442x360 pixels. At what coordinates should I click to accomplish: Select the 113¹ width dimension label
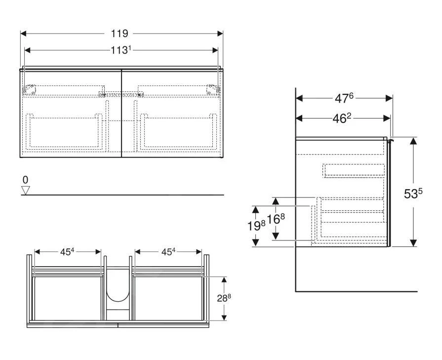[121, 50]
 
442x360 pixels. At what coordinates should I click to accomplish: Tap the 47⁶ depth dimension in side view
[344, 98]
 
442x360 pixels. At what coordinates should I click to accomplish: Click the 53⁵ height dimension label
[413, 194]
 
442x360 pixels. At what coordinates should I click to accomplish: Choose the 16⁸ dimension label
[276, 219]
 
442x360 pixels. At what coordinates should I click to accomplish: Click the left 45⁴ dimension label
[67, 251]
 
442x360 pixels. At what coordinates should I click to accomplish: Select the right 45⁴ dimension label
[168, 251]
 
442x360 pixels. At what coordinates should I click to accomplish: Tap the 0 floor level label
[26, 180]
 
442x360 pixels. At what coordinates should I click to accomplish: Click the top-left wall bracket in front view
[30, 89]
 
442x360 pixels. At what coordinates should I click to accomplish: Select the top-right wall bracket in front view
[212, 89]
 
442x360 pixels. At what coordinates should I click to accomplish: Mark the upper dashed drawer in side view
[353, 170]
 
